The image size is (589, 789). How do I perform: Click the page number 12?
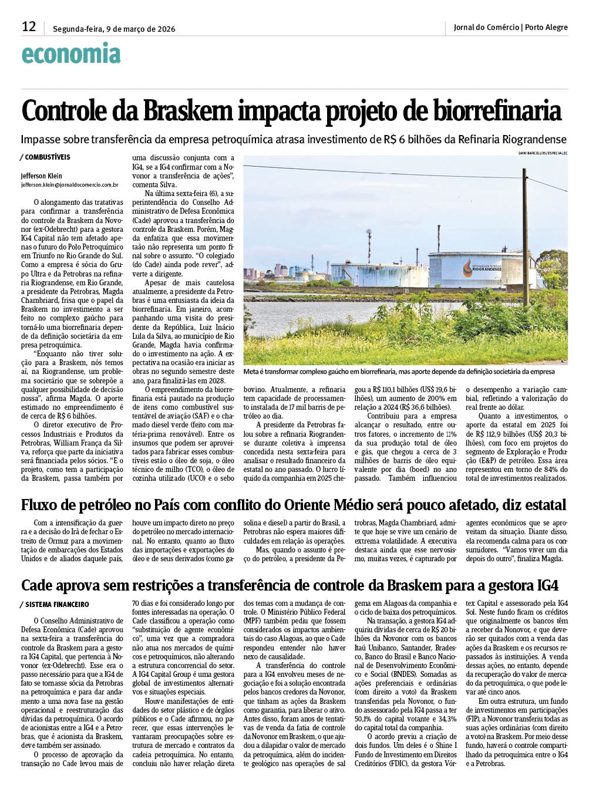tap(29, 26)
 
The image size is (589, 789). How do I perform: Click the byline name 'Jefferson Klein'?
tap(42, 176)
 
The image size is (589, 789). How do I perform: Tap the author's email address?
tap(70, 184)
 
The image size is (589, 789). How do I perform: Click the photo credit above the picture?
tap(543, 153)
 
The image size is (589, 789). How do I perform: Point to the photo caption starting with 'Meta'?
tap(399, 372)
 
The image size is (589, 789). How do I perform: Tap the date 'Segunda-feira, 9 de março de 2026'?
tap(114, 29)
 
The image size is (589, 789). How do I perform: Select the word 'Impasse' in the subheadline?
tap(42, 140)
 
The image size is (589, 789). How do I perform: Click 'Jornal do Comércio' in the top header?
tap(486, 27)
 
